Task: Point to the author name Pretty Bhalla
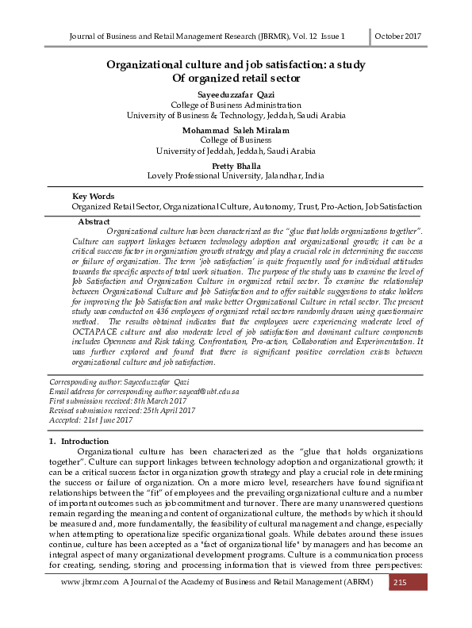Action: coord(236,165)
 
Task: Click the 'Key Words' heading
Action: coord(93,196)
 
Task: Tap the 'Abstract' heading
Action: coord(94,222)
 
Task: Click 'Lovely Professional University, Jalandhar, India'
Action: coord(236,175)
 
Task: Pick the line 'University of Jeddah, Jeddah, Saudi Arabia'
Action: coord(236,150)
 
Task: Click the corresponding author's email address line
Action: coord(144,392)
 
